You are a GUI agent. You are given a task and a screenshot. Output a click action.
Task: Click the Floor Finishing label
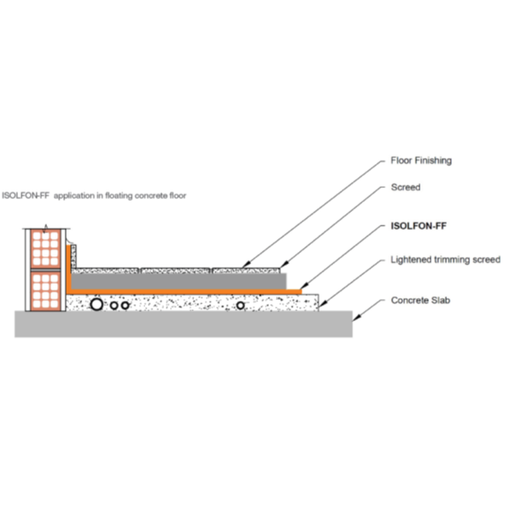(x=421, y=161)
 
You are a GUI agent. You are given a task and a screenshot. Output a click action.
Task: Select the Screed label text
(x=406, y=187)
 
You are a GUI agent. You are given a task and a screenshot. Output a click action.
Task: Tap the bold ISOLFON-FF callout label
(x=419, y=226)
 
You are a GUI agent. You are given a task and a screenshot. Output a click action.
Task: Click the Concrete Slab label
(x=420, y=301)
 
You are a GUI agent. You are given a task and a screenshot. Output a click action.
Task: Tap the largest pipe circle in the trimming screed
(x=97, y=304)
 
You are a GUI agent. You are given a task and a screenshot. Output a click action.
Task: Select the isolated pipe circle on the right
(x=240, y=305)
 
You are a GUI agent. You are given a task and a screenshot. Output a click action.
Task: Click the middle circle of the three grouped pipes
(x=114, y=305)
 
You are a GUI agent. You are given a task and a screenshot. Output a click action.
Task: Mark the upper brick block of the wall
(x=45, y=249)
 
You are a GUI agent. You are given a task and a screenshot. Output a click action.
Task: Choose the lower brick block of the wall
(x=45, y=291)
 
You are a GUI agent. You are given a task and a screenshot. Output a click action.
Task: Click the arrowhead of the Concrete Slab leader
(x=355, y=318)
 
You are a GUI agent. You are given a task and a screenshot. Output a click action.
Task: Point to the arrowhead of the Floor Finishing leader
(x=245, y=265)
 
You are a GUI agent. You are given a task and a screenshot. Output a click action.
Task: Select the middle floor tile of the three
(x=175, y=271)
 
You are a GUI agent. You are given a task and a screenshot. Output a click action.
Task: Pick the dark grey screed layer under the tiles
(x=179, y=281)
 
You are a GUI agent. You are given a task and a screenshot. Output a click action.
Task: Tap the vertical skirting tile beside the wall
(x=73, y=256)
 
